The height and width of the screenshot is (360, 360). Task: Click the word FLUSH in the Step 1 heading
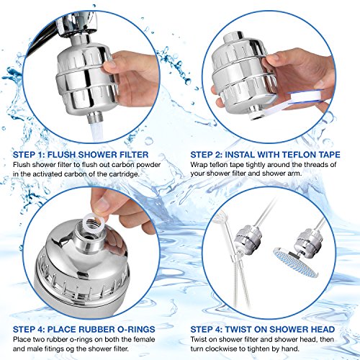pos(61,155)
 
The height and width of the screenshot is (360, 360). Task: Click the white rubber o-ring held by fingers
pos(91,220)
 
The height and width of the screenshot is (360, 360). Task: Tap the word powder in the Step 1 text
pos(148,165)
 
